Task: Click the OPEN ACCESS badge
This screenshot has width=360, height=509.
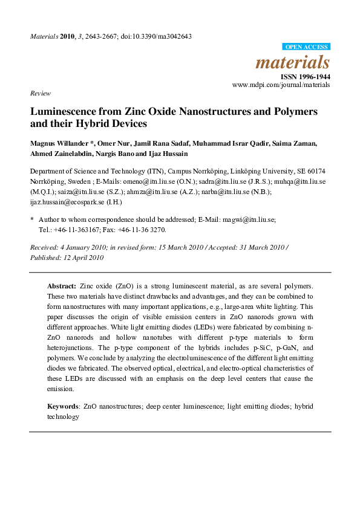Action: coord(306,47)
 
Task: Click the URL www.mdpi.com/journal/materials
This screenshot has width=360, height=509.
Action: coord(281,85)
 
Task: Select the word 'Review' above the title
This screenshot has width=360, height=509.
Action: coord(39,94)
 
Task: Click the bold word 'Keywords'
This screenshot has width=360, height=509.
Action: coord(63,407)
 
